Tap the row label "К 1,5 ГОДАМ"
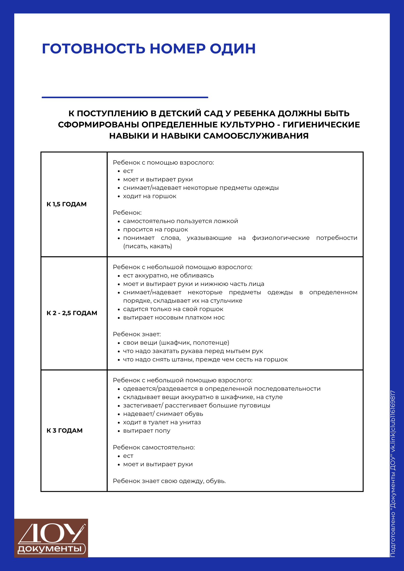pos(66,204)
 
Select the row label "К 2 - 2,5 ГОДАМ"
pos(72,313)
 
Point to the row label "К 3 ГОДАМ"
pos(64,431)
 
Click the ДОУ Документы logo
pos(51,538)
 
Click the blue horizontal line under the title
pos(125,97)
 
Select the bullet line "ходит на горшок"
pos(149,196)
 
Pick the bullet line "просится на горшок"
pos(155,230)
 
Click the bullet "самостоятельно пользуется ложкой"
pos(180,221)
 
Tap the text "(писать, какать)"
pos(148,246)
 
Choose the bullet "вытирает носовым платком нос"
pos(174,318)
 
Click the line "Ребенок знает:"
pos(137,334)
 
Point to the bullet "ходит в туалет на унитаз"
pos(162,422)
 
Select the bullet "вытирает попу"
pos(147,431)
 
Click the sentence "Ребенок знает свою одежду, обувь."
pos(169,481)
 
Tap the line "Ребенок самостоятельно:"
pos(154,447)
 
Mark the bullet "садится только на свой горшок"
pos(173,309)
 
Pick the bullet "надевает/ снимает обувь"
pos(163,414)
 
